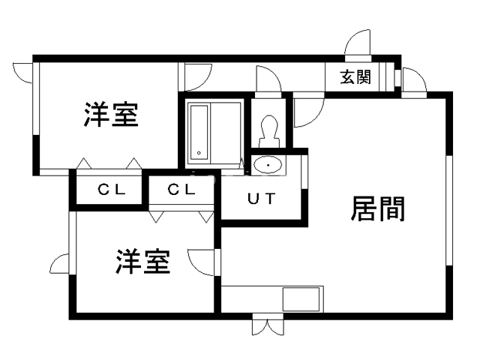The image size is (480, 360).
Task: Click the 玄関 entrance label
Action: click(355, 76)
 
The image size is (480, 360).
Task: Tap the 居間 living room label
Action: click(378, 208)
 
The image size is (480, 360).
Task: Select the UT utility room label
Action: click(262, 199)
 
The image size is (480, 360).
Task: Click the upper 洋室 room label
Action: click(111, 115)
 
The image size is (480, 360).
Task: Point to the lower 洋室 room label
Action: click(143, 262)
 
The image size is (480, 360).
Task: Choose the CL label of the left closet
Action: click(112, 190)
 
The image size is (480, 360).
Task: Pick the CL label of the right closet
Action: click(181, 190)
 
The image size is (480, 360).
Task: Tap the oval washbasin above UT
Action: click(268, 165)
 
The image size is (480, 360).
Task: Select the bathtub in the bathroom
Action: click(199, 133)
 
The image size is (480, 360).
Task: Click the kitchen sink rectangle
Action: click(301, 299)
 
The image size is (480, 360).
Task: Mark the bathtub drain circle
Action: click(199, 153)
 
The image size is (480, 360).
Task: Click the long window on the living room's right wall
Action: click(449, 210)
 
